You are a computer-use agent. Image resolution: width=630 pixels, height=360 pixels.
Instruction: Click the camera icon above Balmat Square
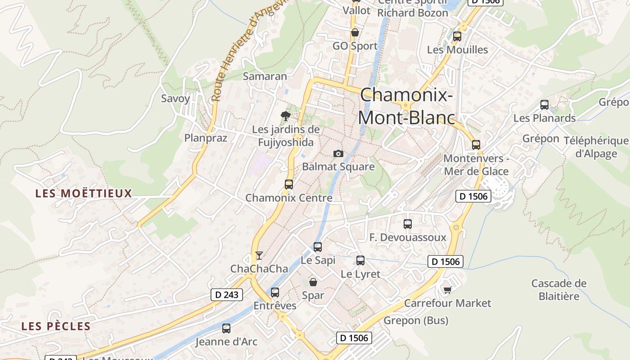point(338,154)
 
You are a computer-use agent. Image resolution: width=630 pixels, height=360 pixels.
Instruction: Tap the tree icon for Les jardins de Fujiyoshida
point(285,116)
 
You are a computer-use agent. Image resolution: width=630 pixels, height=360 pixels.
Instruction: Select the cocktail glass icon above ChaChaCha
point(259,256)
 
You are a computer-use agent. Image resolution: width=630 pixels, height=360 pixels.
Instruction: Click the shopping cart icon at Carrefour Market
point(447,290)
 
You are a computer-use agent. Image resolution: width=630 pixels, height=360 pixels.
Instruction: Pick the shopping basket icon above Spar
point(313,282)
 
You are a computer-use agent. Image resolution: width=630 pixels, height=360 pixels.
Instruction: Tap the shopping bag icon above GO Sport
point(355,32)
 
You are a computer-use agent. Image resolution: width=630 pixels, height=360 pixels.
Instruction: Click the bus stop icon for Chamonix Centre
point(289,184)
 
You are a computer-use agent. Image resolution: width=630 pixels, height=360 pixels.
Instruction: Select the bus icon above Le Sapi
point(318,247)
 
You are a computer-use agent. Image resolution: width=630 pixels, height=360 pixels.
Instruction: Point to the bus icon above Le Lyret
point(360,260)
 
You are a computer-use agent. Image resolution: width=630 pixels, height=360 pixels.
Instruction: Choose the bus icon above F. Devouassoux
point(408,224)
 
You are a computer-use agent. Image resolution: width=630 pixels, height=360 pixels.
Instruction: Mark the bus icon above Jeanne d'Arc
point(226,328)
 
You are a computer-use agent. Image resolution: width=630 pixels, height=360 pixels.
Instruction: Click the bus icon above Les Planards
point(544,105)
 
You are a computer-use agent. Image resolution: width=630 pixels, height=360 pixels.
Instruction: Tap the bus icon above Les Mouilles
point(457,36)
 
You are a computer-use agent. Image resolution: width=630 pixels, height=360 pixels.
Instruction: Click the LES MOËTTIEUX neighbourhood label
point(84,193)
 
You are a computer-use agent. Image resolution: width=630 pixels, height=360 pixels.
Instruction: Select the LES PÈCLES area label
point(56,326)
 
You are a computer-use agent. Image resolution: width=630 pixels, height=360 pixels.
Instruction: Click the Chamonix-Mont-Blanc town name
point(406,106)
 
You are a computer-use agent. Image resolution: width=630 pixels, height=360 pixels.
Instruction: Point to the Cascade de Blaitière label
point(559,290)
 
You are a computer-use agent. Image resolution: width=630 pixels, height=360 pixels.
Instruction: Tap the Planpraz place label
point(206,138)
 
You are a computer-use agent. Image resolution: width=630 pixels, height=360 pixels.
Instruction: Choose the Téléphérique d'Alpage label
point(596,147)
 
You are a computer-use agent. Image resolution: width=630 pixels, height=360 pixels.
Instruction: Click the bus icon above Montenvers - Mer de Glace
point(476,145)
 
